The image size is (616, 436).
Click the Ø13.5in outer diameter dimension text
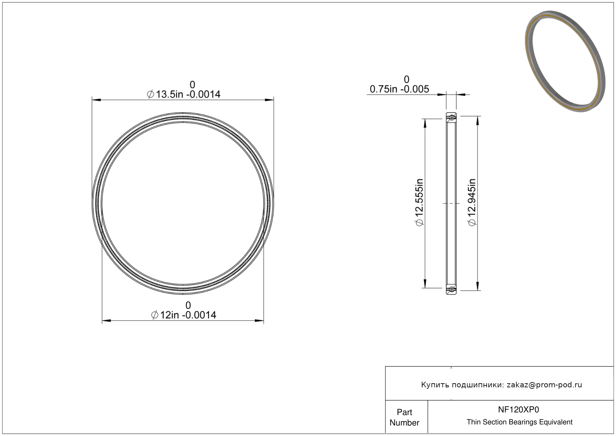point(184,94)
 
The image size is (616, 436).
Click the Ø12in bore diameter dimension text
point(184,315)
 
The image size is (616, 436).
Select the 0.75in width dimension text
point(399,89)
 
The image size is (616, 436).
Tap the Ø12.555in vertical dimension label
point(419,202)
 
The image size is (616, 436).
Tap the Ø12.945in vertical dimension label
point(472,202)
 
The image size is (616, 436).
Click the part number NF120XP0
point(518,409)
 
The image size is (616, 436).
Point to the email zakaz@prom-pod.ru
point(544,385)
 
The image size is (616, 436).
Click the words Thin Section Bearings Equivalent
point(519,422)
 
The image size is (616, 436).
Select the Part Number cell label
point(404,417)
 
